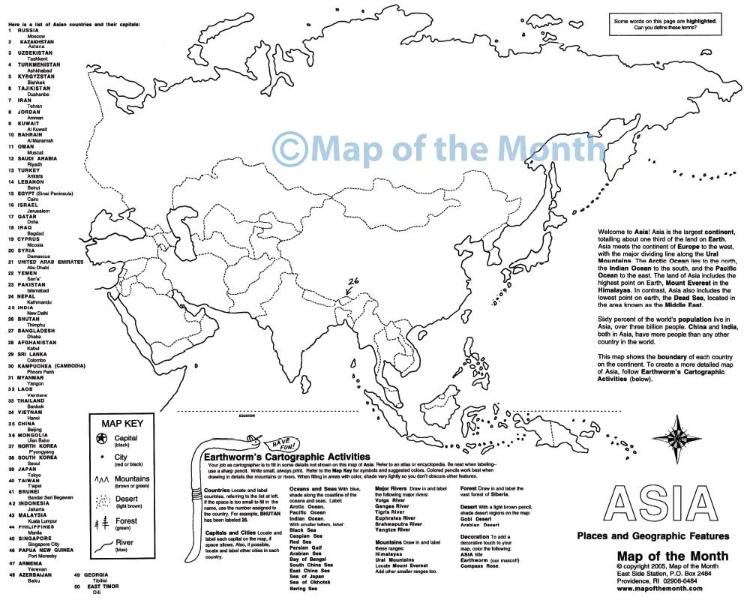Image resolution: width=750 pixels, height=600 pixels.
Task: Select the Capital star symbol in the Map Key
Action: (101, 438)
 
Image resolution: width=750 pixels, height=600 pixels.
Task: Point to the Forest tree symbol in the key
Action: (101, 523)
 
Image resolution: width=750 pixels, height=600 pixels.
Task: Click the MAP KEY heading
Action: (121, 423)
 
